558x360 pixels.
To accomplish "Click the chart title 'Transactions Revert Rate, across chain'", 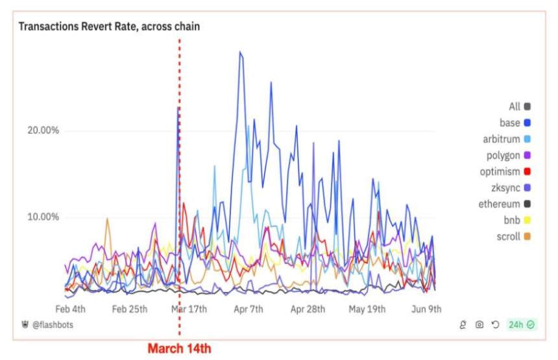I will pyautogui.click(x=108, y=27).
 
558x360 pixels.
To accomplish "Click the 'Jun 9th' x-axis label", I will pyautogui.click(x=426, y=309).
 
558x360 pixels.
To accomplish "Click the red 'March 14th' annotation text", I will pyautogui.click(x=179, y=348).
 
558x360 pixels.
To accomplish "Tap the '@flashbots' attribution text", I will pyautogui.click(x=51, y=324).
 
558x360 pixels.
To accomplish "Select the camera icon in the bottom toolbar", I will pyautogui.click(x=479, y=324).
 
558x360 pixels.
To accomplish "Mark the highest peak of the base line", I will pyautogui.click(x=240, y=52).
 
